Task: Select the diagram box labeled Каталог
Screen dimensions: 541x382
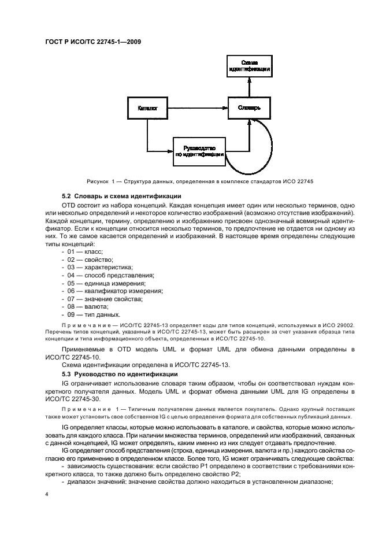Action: click(147, 108)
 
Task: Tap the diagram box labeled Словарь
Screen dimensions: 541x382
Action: click(249, 108)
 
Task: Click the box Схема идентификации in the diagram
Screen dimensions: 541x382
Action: click(249, 66)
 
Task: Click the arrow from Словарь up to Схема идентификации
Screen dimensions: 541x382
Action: click(249, 87)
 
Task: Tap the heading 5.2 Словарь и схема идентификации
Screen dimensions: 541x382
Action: click(121, 197)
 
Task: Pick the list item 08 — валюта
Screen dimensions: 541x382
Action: click(87, 307)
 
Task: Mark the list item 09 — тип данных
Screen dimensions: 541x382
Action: click(93, 315)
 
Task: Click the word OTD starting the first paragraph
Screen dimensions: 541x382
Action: click(69, 205)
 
